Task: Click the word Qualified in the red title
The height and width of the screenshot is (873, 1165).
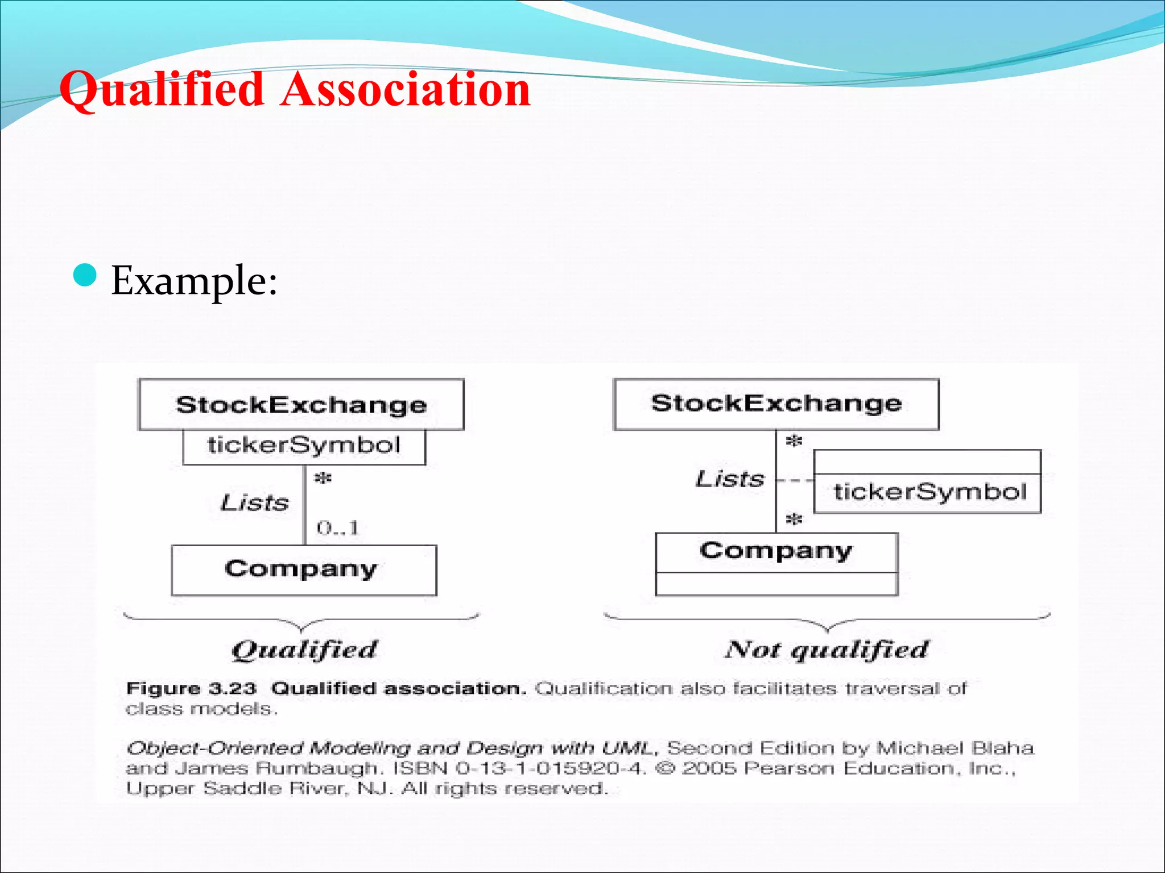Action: pos(162,90)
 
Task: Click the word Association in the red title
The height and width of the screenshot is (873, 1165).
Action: pos(405,90)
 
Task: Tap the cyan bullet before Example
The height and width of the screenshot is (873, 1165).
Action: pos(85,276)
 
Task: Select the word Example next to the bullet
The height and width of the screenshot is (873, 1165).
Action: pos(194,280)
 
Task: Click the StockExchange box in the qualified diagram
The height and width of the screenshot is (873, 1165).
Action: pos(301,405)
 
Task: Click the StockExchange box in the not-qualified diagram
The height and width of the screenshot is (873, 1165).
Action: pos(776,404)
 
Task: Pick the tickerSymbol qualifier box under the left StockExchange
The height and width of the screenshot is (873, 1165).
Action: pos(304,446)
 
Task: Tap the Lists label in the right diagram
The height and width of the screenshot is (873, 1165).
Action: pos(730,479)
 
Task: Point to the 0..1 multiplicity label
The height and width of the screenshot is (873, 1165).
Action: pos(338,528)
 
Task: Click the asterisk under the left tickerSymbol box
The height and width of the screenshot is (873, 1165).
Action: pos(323,479)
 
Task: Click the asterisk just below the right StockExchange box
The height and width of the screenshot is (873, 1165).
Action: pos(794,441)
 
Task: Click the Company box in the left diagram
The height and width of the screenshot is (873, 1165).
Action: pos(304,569)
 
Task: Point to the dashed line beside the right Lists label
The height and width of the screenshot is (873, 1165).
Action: pos(795,481)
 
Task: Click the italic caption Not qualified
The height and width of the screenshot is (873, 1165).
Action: pos(827,650)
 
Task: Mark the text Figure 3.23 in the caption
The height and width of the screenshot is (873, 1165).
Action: pos(191,689)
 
